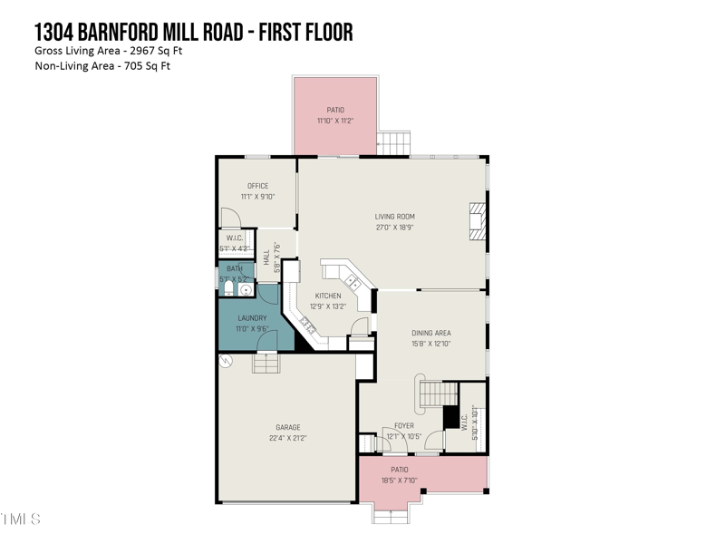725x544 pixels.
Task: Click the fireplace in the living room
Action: (x=477, y=221)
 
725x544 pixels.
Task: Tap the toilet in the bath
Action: (x=227, y=289)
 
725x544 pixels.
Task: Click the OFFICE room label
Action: (x=257, y=186)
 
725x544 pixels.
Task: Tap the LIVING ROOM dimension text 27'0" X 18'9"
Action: (x=394, y=228)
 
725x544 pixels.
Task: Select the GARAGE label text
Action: (x=288, y=427)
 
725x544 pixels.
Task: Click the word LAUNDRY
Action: (x=252, y=318)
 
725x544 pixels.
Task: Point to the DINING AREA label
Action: (x=430, y=333)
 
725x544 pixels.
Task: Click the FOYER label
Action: (x=403, y=425)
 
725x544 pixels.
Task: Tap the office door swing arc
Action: (x=230, y=219)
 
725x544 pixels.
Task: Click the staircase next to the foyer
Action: (x=436, y=393)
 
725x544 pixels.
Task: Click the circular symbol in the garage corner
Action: (x=227, y=361)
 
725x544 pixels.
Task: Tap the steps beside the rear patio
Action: (x=393, y=143)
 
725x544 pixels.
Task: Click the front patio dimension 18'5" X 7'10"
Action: (x=399, y=481)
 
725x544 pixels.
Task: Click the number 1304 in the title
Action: (x=56, y=33)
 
